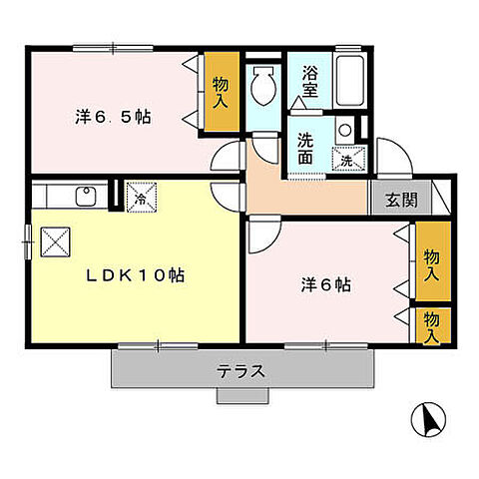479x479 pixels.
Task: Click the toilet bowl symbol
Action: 263,86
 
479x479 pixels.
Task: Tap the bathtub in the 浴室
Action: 349,80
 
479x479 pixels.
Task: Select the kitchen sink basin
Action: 86,197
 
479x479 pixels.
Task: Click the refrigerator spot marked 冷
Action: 142,197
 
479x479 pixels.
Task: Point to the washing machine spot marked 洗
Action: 348,159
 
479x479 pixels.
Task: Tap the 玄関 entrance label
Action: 401,200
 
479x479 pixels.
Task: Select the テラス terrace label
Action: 241,371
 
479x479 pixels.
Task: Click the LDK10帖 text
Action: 136,275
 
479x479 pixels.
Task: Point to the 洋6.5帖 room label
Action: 113,117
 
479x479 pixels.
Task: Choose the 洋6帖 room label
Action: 326,285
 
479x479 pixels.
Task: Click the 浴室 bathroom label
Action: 309,82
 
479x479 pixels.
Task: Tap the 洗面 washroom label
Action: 305,149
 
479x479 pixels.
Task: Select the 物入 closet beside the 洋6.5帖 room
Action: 222,91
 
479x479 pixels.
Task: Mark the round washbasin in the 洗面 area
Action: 345,130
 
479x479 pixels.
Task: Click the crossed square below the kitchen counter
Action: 55,241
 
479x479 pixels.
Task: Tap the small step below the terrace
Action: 242,395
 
